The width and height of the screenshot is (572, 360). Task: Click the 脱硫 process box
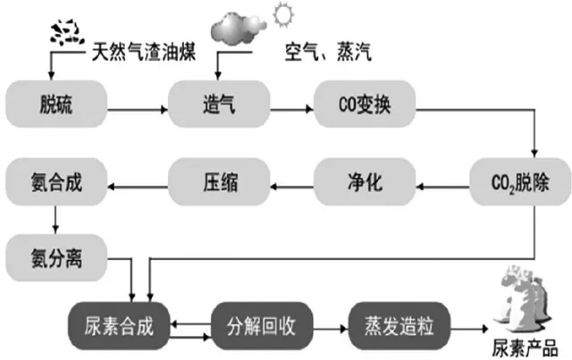tap(56, 104)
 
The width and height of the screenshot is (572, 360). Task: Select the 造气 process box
tap(219, 104)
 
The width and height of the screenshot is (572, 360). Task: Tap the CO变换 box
tap(365, 104)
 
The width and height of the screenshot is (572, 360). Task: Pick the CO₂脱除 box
tap(520, 181)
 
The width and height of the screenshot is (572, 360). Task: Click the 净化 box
tap(365, 181)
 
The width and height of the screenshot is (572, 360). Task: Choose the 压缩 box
tap(219, 181)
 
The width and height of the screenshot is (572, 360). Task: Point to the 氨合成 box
tap(56, 181)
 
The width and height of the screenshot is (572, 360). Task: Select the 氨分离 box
tap(56, 258)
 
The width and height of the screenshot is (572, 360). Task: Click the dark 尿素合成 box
tap(119, 326)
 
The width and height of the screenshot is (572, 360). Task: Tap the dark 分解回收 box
tap(262, 326)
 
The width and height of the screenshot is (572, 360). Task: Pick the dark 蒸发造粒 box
tap(400, 326)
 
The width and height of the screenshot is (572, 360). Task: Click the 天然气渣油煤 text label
tap(143, 52)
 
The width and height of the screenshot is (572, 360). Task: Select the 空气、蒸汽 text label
tap(328, 52)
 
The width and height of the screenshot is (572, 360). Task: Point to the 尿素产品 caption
tap(525, 348)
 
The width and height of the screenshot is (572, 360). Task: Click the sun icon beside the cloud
tap(283, 14)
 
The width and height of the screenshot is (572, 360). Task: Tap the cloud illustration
tap(239, 29)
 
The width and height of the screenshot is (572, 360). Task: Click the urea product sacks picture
tap(523, 299)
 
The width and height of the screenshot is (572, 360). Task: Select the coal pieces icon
tap(68, 33)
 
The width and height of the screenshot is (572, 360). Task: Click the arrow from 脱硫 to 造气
tap(138, 109)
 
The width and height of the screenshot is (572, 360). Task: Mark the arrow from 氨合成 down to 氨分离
tap(55, 220)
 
